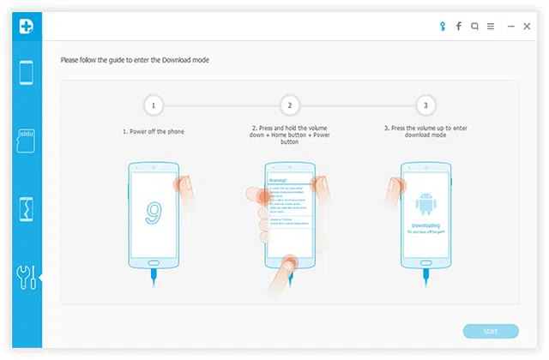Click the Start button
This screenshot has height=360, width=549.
[x=491, y=331]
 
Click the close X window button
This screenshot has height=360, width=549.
[x=526, y=27]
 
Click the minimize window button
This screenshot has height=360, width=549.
[x=509, y=27]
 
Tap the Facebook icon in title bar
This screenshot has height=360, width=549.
[x=459, y=27]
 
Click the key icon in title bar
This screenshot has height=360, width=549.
[x=443, y=27]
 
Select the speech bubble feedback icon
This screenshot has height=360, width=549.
[x=474, y=27]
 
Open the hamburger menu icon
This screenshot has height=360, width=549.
[x=491, y=27]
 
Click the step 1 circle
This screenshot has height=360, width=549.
[x=153, y=106]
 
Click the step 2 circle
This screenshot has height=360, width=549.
[x=290, y=106]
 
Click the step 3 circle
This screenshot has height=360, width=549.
[x=426, y=106]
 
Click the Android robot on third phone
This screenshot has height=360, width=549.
[x=426, y=204]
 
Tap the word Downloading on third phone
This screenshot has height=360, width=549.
[x=426, y=225]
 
